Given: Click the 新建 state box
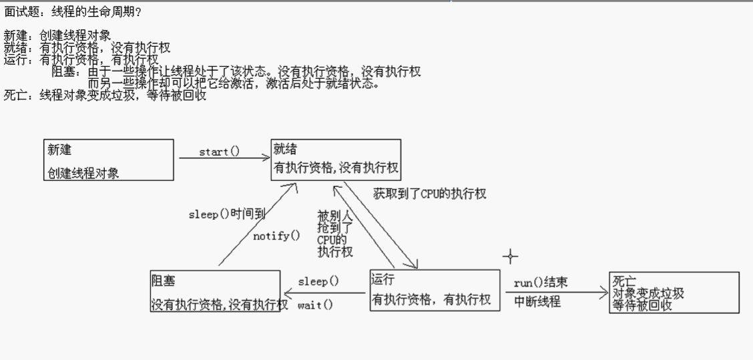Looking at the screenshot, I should click(x=109, y=160).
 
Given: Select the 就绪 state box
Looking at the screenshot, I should click(x=336, y=160).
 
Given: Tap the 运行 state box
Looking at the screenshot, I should click(x=435, y=290).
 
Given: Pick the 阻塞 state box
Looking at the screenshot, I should click(x=215, y=291).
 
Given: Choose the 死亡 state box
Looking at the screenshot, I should click(x=674, y=292).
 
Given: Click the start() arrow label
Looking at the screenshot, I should click(x=219, y=152).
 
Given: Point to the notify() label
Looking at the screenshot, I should click(x=276, y=235).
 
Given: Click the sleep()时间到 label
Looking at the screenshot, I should click(x=227, y=214).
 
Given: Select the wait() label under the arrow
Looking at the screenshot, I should click(x=315, y=305).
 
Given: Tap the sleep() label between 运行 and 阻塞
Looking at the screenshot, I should click(x=318, y=281).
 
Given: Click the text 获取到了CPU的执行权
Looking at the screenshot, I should click(x=430, y=194).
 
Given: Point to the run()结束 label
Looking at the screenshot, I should click(x=541, y=283).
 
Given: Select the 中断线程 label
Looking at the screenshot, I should click(x=537, y=301).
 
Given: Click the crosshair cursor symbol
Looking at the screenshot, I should click(x=511, y=256).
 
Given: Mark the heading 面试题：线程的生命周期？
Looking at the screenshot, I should click(x=73, y=12).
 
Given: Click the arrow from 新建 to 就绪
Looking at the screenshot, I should click(x=222, y=158).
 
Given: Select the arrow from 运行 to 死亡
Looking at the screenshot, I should click(x=554, y=292).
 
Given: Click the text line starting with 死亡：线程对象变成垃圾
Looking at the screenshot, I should click(x=105, y=96).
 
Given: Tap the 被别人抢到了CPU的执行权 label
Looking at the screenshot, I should click(x=334, y=234).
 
